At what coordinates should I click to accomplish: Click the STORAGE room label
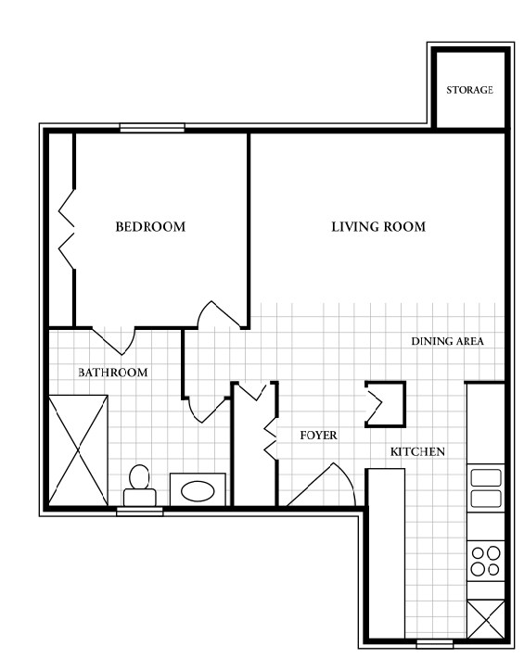[x=469, y=91]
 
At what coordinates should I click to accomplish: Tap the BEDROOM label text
[x=149, y=227]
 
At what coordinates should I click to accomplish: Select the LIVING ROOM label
[x=378, y=227]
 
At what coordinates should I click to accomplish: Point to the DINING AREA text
[x=448, y=341]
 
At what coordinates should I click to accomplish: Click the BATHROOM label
[x=113, y=373]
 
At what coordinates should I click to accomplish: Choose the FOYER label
[x=318, y=435]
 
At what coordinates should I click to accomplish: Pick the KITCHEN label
[x=418, y=452]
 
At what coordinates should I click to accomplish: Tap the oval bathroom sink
[x=198, y=488]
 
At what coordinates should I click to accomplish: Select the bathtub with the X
[x=79, y=449]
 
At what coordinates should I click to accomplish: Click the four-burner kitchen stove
[x=486, y=560]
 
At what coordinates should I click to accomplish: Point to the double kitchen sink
[x=486, y=488]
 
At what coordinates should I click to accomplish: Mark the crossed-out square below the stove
[x=485, y=617]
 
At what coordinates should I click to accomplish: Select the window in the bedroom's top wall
[x=152, y=129]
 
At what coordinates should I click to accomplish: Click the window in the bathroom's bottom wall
[x=140, y=511]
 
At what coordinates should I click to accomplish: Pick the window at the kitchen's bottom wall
[x=434, y=642]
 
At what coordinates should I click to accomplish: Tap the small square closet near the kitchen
[x=385, y=404]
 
